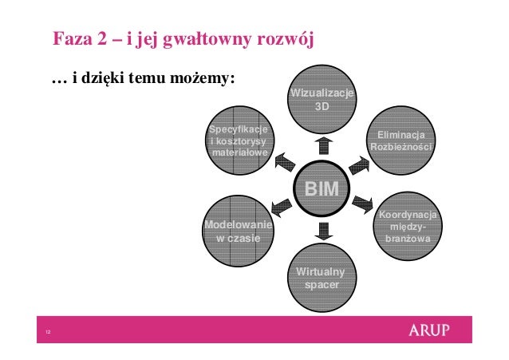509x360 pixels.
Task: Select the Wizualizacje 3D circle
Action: click(x=322, y=100)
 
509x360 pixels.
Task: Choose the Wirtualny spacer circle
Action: click(x=322, y=277)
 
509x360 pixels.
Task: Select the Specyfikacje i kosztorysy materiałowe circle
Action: click(x=238, y=142)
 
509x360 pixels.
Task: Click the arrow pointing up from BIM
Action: click(x=322, y=144)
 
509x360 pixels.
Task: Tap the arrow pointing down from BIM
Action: click(x=322, y=231)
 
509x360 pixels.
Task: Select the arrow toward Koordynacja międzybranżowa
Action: click(x=363, y=203)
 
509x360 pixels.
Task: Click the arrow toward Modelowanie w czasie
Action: click(x=282, y=209)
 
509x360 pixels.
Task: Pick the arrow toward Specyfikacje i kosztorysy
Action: click(x=284, y=163)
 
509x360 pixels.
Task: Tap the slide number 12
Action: click(x=49, y=333)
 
